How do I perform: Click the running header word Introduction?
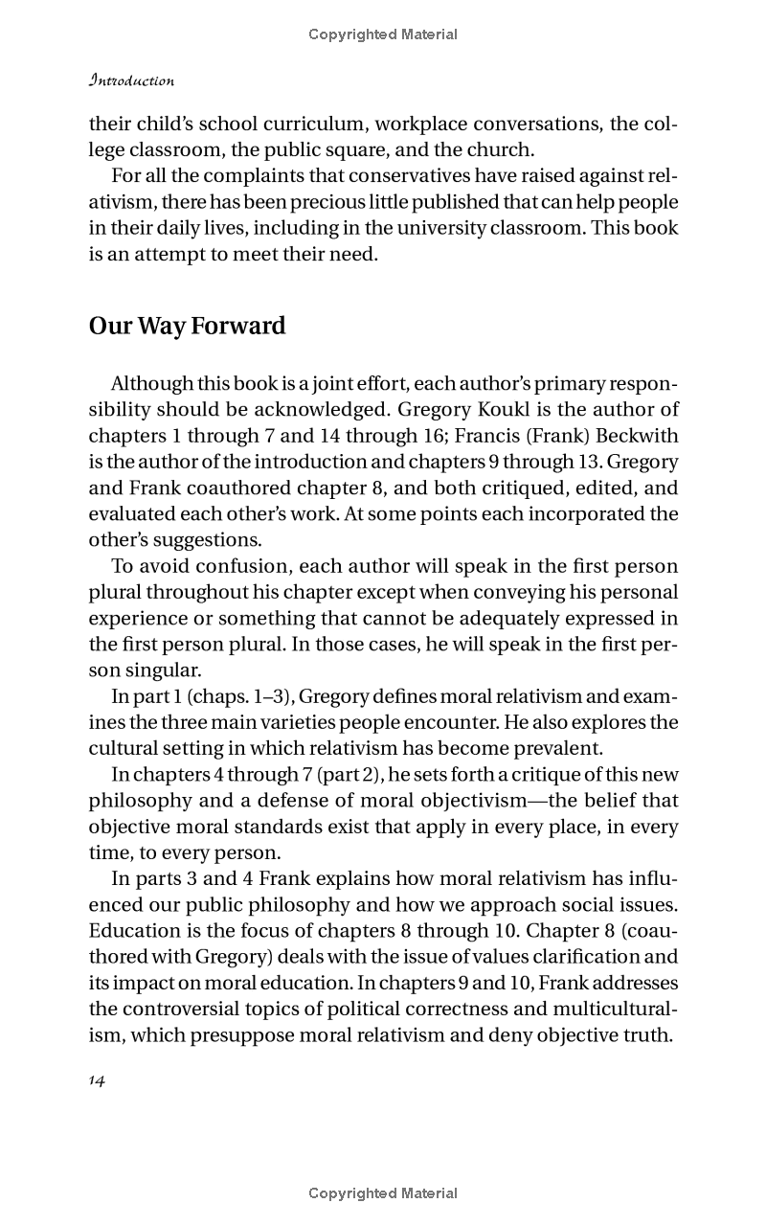point(131,80)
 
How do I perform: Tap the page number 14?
point(97,1079)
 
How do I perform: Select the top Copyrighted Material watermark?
point(383,34)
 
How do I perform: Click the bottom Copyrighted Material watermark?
point(383,1193)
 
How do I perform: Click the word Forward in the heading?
point(238,326)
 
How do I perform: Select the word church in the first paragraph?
point(503,149)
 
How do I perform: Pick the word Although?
point(151,383)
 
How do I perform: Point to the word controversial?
point(203,1008)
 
